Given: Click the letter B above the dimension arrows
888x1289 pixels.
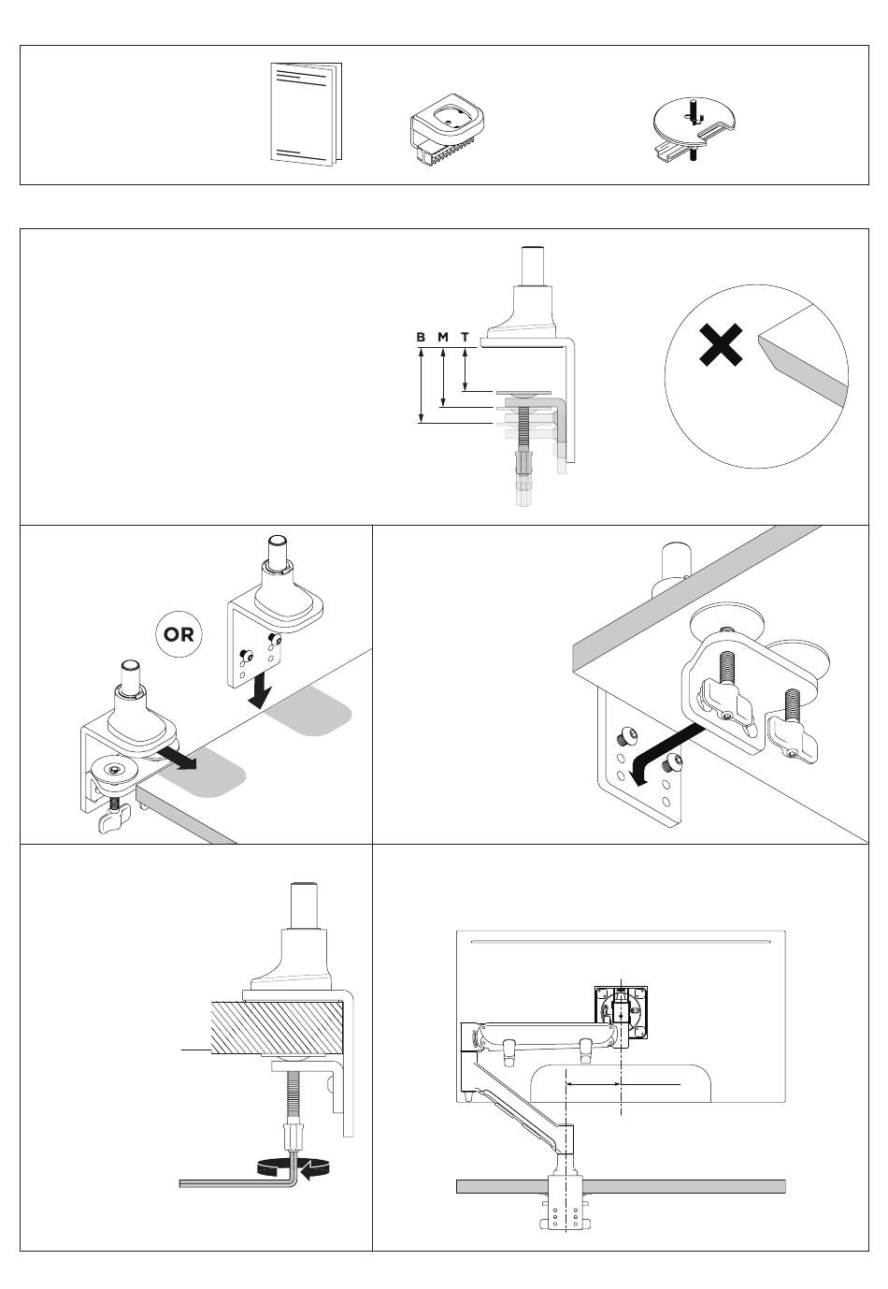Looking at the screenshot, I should click(421, 337).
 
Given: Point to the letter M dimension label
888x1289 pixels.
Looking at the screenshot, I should click(442, 337).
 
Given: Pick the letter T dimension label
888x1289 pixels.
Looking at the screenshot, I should click(465, 337).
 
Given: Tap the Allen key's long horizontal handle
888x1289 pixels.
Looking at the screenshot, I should click(234, 1183).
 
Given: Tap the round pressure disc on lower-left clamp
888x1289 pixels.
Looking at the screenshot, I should click(115, 770).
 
